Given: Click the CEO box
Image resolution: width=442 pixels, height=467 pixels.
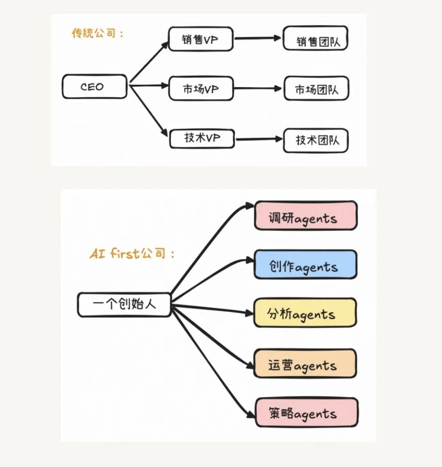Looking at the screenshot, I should [94, 87].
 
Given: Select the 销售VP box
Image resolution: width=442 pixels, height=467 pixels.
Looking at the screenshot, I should [201, 39].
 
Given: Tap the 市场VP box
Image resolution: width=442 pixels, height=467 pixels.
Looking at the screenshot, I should [201, 88].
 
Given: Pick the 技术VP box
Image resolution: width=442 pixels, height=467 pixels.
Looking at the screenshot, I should [202, 138].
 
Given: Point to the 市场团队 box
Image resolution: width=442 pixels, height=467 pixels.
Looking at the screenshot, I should [316, 89].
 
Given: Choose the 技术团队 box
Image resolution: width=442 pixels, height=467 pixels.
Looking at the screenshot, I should [316, 141].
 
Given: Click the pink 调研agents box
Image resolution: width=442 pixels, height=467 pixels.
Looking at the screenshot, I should [305, 216].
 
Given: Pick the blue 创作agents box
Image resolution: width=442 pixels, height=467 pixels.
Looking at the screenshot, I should [305, 265].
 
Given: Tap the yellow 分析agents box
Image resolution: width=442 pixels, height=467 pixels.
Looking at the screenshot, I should [305, 313].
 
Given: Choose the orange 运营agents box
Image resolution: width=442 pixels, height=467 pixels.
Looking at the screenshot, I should [305, 363].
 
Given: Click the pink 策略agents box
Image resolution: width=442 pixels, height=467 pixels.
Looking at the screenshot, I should [307, 413].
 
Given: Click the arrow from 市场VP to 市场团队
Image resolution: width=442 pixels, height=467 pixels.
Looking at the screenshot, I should [258, 88].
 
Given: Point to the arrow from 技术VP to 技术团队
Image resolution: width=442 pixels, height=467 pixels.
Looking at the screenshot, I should [259, 139].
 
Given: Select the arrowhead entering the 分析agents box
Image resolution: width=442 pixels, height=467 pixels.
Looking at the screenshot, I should [249, 314].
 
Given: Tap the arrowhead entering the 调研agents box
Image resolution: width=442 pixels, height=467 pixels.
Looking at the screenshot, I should [250, 206].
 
